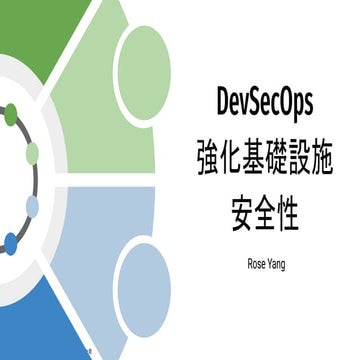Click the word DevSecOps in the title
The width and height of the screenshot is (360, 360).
[265, 101]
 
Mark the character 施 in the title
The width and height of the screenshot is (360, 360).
[342, 157]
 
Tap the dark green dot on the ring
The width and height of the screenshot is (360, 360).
[11, 115]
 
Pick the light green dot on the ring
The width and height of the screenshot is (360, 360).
[31, 152]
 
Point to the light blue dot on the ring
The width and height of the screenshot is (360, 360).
[32, 207]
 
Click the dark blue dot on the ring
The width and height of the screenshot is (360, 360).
[11, 242]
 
